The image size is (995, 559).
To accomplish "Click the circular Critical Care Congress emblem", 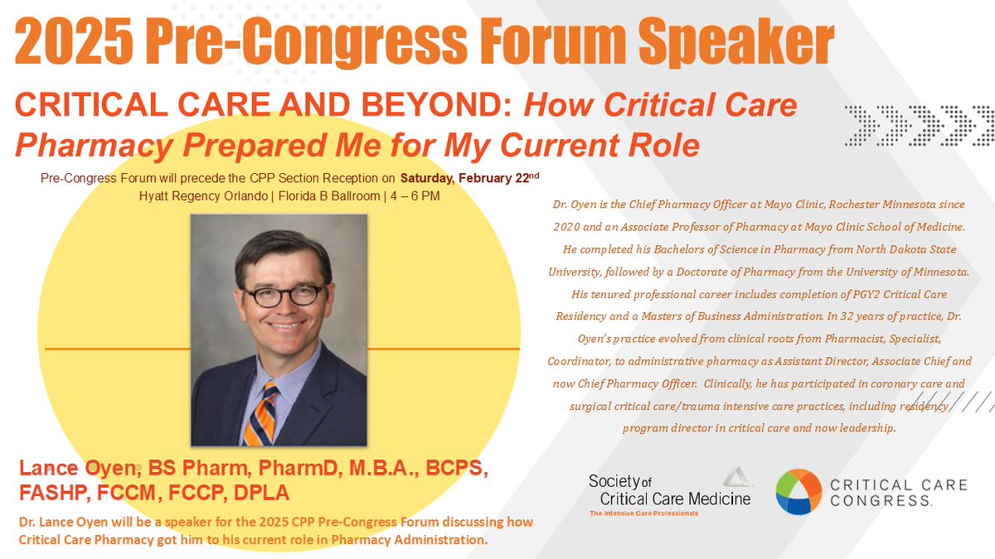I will point(798,492).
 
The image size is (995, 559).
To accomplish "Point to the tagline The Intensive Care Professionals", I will point(643,513).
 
